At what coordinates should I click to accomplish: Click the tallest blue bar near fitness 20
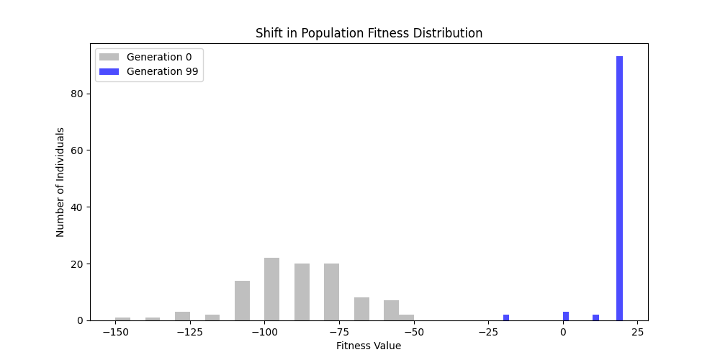click(x=619, y=189)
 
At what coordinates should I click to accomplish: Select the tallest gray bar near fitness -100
click(x=271, y=289)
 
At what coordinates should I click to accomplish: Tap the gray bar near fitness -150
click(x=122, y=318)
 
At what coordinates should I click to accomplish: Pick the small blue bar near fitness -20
click(x=506, y=318)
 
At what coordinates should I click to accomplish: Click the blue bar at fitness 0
click(x=566, y=316)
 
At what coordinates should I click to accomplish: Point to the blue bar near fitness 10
click(x=595, y=318)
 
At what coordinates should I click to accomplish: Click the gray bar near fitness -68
click(x=361, y=309)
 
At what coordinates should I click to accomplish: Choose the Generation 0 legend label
click(x=159, y=57)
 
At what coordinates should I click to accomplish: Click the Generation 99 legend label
click(x=162, y=71)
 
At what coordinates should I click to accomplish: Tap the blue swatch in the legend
click(x=109, y=71)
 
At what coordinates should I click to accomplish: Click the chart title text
click(x=369, y=34)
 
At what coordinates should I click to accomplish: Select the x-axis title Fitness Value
click(x=369, y=346)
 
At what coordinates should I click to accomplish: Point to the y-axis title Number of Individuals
click(x=60, y=182)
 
